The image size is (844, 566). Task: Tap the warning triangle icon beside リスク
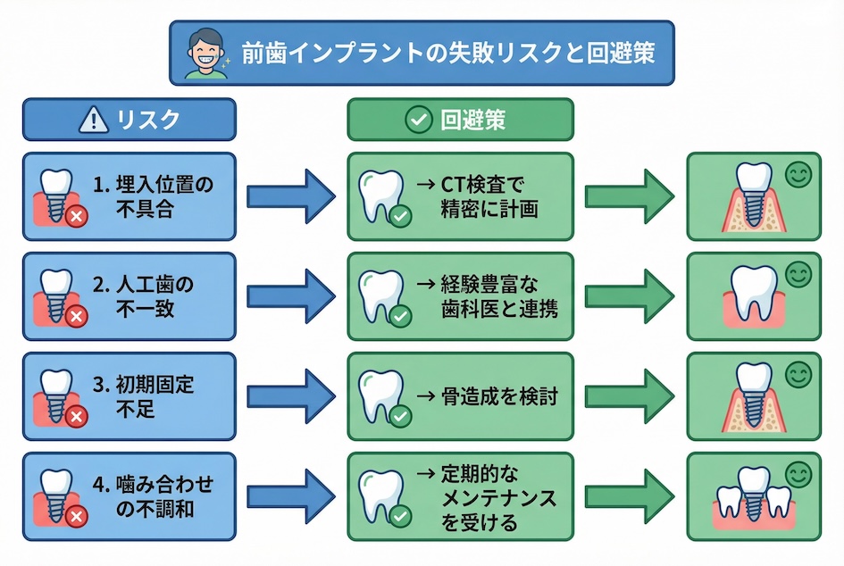[94, 120]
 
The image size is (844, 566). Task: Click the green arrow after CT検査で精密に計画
[629, 196]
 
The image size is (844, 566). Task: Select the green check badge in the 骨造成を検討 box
[401, 416]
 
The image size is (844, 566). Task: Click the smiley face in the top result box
[798, 175]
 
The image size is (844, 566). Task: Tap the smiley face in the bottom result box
[798, 475]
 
